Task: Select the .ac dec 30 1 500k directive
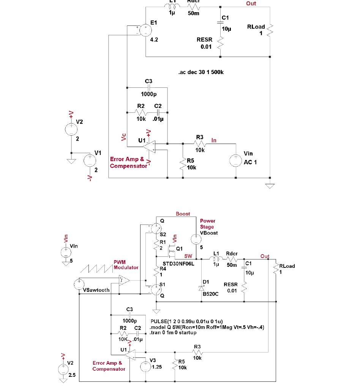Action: coord(201,72)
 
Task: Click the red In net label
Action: coord(214,141)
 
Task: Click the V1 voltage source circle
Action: coord(90,161)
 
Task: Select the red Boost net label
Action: coord(183,214)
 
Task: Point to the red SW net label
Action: coord(188,256)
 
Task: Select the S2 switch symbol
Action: coord(155,229)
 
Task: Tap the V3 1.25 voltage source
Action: coord(145,367)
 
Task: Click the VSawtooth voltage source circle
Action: coord(79,283)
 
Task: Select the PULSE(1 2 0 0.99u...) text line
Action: coord(189,321)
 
